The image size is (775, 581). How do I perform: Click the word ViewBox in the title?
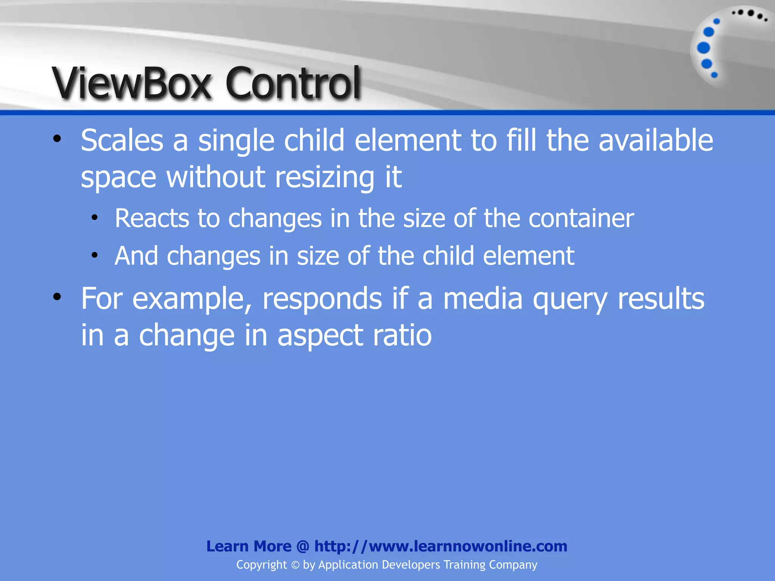pyautogui.click(x=131, y=82)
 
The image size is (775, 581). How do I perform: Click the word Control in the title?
pyautogui.click(x=293, y=82)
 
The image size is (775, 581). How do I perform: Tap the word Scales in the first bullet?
pyautogui.click(x=122, y=140)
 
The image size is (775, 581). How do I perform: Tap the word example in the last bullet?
pyautogui.click(x=192, y=299)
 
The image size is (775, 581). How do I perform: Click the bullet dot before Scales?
pyautogui.click(x=57, y=139)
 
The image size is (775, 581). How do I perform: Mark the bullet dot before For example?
pyautogui.click(x=57, y=297)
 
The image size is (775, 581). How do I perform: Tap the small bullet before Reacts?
pyautogui.click(x=94, y=217)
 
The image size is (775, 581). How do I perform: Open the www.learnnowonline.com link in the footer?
pyautogui.click(x=468, y=546)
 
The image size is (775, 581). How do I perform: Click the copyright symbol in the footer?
pyautogui.click(x=295, y=565)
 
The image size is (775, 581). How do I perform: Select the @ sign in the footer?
pyautogui.click(x=303, y=546)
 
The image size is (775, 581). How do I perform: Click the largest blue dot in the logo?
pyautogui.click(x=703, y=48)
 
